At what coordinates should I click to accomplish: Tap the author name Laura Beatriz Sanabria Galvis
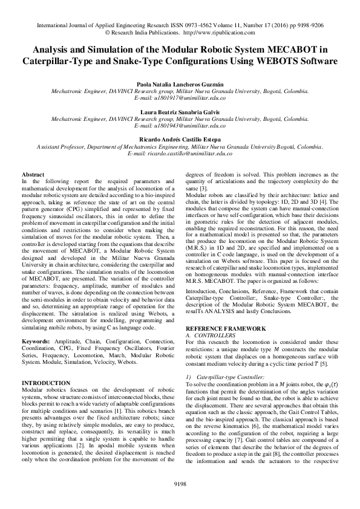coord(180,112)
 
